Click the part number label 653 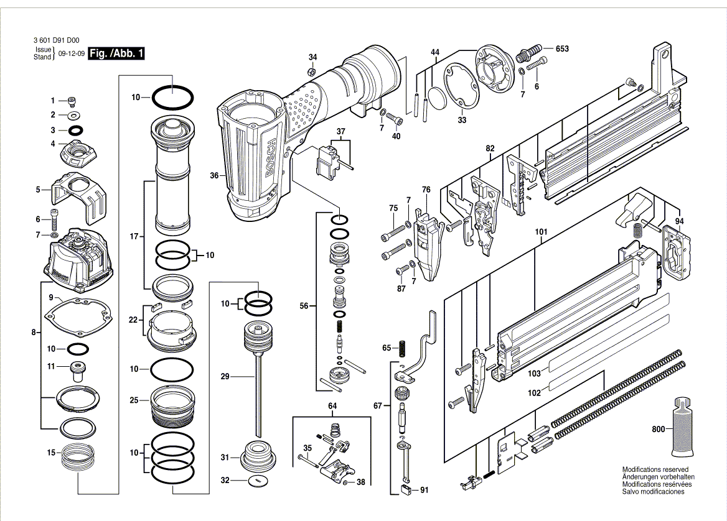pyautogui.click(x=561, y=48)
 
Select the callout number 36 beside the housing pyautogui.click(x=214, y=176)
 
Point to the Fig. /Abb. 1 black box pyautogui.click(x=117, y=53)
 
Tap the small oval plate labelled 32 pyautogui.click(x=256, y=481)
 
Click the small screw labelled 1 pyautogui.click(x=72, y=100)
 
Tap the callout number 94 pyautogui.click(x=678, y=221)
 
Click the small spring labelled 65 pyautogui.click(x=403, y=348)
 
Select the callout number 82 pyautogui.click(x=490, y=148)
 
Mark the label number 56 pyautogui.click(x=304, y=305)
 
